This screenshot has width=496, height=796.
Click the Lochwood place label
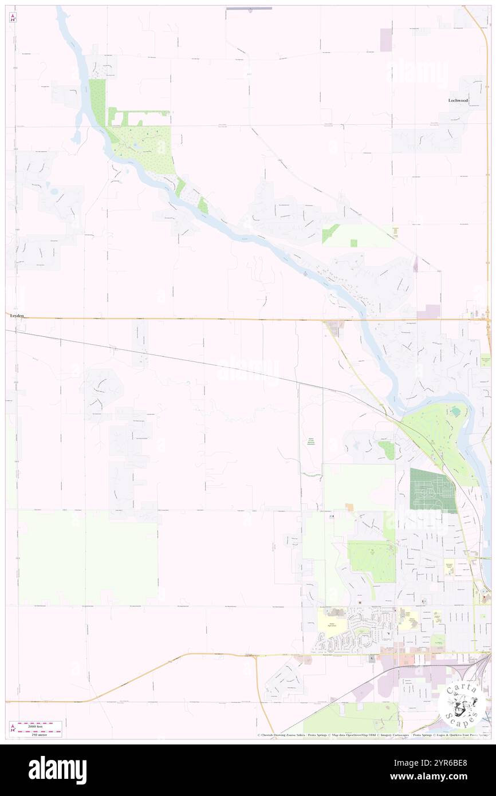click(458, 100)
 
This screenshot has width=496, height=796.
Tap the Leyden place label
click(15, 315)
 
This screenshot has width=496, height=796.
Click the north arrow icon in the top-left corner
click(13, 17)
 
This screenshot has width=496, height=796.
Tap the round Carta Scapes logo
click(462, 706)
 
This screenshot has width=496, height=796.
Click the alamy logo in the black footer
click(57, 770)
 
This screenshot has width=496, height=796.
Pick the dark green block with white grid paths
click(432, 490)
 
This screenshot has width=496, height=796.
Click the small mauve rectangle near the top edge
click(386, 40)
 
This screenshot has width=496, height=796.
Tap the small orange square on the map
click(349, 507)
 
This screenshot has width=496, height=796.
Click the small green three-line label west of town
click(311, 442)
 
